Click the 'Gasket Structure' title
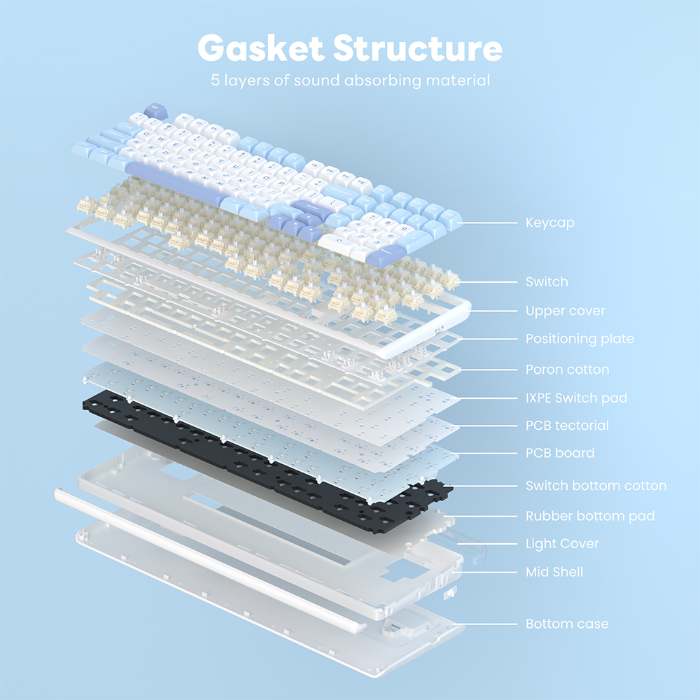pyautogui.click(x=350, y=48)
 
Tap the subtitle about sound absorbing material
pyautogui.click(x=351, y=80)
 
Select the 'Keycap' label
pyautogui.click(x=549, y=223)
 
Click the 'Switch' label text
pyautogui.click(x=547, y=281)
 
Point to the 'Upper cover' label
pyautogui.click(x=565, y=311)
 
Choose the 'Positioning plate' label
pyautogui.click(x=580, y=339)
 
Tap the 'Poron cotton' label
pyautogui.click(x=567, y=370)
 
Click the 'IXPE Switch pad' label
pyautogui.click(x=576, y=398)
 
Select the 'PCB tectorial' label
pyautogui.click(x=567, y=426)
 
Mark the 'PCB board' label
pyautogui.click(x=560, y=453)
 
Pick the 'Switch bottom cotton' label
pyautogui.click(x=596, y=486)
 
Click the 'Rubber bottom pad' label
pyautogui.click(x=590, y=516)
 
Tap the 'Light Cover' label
pyautogui.click(x=562, y=544)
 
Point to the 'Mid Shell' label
pyautogui.click(x=554, y=572)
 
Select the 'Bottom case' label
pyautogui.click(x=567, y=624)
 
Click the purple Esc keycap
pyautogui.click(x=155, y=111)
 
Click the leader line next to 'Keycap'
pyautogui.click(x=488, y=223)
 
